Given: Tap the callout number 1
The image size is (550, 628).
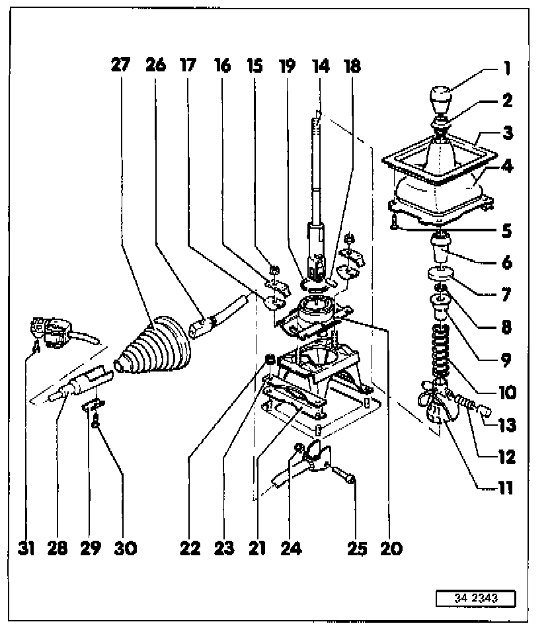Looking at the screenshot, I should pos(506,68).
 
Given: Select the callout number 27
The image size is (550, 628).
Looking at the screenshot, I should pos(122,65).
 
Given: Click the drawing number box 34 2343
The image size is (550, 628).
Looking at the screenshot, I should pos(475,598).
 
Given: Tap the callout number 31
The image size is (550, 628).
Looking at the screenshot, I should pos(26,549).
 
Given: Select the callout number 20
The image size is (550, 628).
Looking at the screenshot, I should pos(391,549).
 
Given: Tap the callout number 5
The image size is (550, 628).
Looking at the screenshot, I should pos(507,231).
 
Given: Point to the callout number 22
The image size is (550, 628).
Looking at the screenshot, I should pos(190,549).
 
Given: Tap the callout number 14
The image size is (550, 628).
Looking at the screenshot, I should pos(321,65).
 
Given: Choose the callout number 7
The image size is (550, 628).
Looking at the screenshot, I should pos(507,294).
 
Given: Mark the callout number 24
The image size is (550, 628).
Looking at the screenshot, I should pos(291,549).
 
